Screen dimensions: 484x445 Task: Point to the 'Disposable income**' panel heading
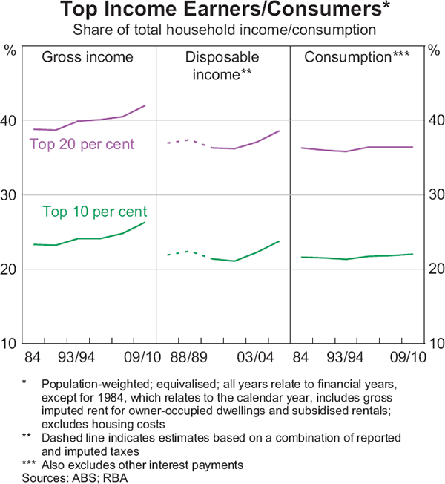(222, 65)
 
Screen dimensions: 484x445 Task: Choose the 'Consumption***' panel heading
(358, 57)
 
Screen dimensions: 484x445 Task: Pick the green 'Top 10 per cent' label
(94, 211)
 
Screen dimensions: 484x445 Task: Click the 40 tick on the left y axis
(11, 120)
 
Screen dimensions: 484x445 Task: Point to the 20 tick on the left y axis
(11, 269)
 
